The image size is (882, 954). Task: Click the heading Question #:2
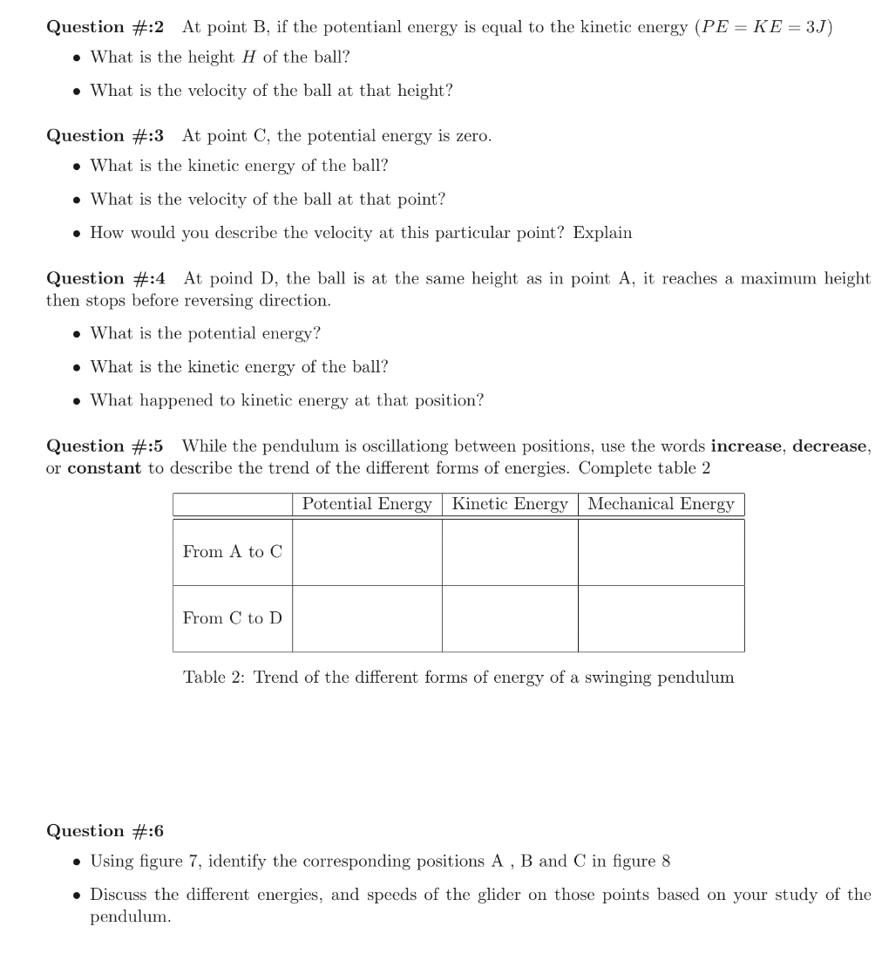(x=105, y=27)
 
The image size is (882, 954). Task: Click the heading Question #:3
(x=105, y=136)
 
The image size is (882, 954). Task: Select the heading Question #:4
(x=105, y=279)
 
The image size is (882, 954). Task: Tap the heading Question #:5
(x=105, y=446)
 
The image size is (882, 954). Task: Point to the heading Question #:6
(x=105, y=831)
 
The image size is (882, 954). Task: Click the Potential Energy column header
(x=367, y=504)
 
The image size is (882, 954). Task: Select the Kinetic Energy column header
(x=510, y=504)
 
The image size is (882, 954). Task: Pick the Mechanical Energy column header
(x=661, y=504)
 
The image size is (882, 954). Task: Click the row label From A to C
(x=233, y=552)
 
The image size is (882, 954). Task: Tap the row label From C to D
(x=233, y=618)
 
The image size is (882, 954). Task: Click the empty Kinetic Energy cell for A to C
(x=510, y=552)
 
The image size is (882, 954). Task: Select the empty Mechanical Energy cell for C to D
(x=661, y=618)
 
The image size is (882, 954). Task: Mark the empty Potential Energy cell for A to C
(x=367, y=552)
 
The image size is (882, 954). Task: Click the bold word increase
(x=748, y=446)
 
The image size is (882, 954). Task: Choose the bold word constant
(x=104, y=468)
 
